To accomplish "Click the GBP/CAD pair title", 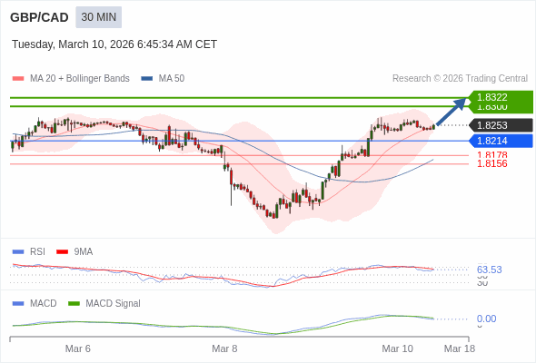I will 39,17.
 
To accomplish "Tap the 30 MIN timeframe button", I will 98,17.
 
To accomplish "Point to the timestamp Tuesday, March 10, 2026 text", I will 114,44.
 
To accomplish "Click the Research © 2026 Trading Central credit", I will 460,78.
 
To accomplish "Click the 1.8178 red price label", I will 491,155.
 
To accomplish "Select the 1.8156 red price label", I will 491,163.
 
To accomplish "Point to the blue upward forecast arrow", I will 452,111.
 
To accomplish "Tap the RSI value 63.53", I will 489,270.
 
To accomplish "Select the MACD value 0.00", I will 486,319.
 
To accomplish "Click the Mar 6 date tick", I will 78,348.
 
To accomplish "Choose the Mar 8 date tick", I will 224,348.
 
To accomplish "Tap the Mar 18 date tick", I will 459,348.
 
